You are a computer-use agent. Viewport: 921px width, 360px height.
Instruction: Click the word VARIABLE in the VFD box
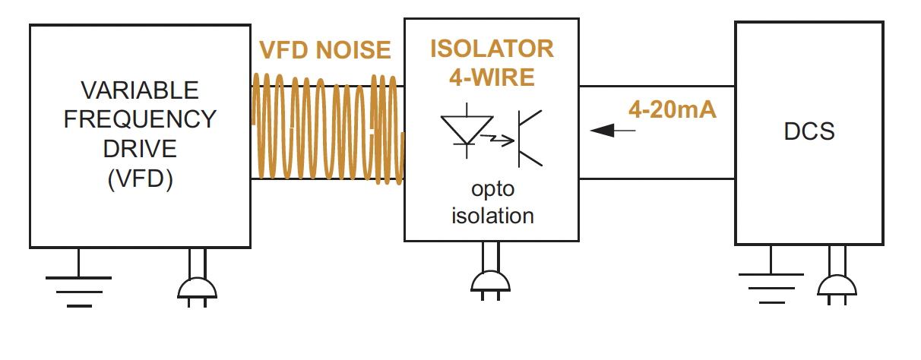tap(140, 90)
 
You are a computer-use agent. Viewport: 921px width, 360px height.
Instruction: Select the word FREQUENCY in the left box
tap(140, 119)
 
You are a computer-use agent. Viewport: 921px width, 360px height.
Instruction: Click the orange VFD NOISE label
tap(325, 50)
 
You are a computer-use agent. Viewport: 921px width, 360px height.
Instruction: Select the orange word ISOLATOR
tap(492, 49)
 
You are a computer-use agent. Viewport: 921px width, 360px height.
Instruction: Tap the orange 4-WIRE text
tap(492, 77)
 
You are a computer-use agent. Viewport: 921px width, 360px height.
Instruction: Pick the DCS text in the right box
tap(809, 131)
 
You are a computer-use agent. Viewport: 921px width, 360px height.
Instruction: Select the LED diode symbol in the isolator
tap(464, 128)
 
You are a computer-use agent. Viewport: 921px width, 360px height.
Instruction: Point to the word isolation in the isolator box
tap(492, 215)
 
